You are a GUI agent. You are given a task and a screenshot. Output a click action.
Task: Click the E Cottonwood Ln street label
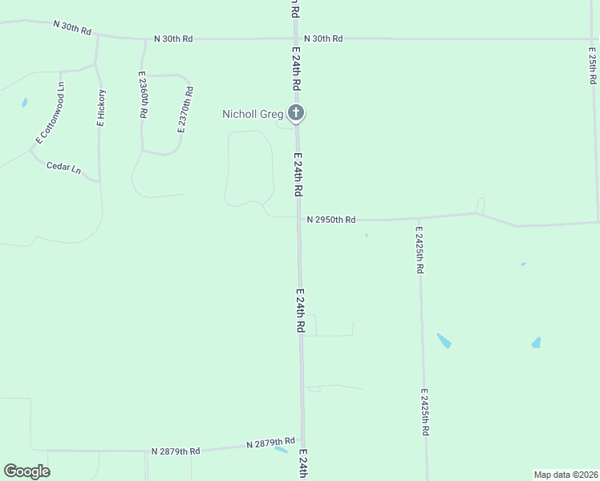[x=49, y=112]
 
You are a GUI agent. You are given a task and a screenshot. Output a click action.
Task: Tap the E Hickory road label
[x=101, y=107]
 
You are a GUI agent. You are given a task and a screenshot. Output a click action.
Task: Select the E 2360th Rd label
[x=143, y=97]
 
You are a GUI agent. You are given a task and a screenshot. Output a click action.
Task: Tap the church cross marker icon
[x=296, y=113]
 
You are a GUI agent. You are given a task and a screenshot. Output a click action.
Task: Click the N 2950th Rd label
[x=330, y=219]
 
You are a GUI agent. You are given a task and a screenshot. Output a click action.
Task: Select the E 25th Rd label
[x=592, y=64]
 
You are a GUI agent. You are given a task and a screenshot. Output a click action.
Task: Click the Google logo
[x=26, y=471]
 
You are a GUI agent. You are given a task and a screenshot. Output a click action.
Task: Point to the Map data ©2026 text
[x=565, y=475]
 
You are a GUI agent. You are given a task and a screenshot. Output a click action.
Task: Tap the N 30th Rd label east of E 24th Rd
[x=323, y=38]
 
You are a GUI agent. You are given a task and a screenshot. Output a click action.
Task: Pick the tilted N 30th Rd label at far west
[x=72, y=27]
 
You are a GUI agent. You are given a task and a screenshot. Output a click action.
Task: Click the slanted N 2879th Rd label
[x=270, y=443]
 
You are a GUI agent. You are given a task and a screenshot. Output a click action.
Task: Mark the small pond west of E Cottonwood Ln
[x=24, y=103]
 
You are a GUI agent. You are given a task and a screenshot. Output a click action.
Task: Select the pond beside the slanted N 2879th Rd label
[x=281, y=450]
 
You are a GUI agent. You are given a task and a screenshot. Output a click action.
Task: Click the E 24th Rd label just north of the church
[x=296, y=67]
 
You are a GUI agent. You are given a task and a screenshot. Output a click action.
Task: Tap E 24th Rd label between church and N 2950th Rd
[x=298, y=175]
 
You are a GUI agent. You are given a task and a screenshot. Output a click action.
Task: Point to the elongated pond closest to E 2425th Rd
[x=444, y=341]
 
